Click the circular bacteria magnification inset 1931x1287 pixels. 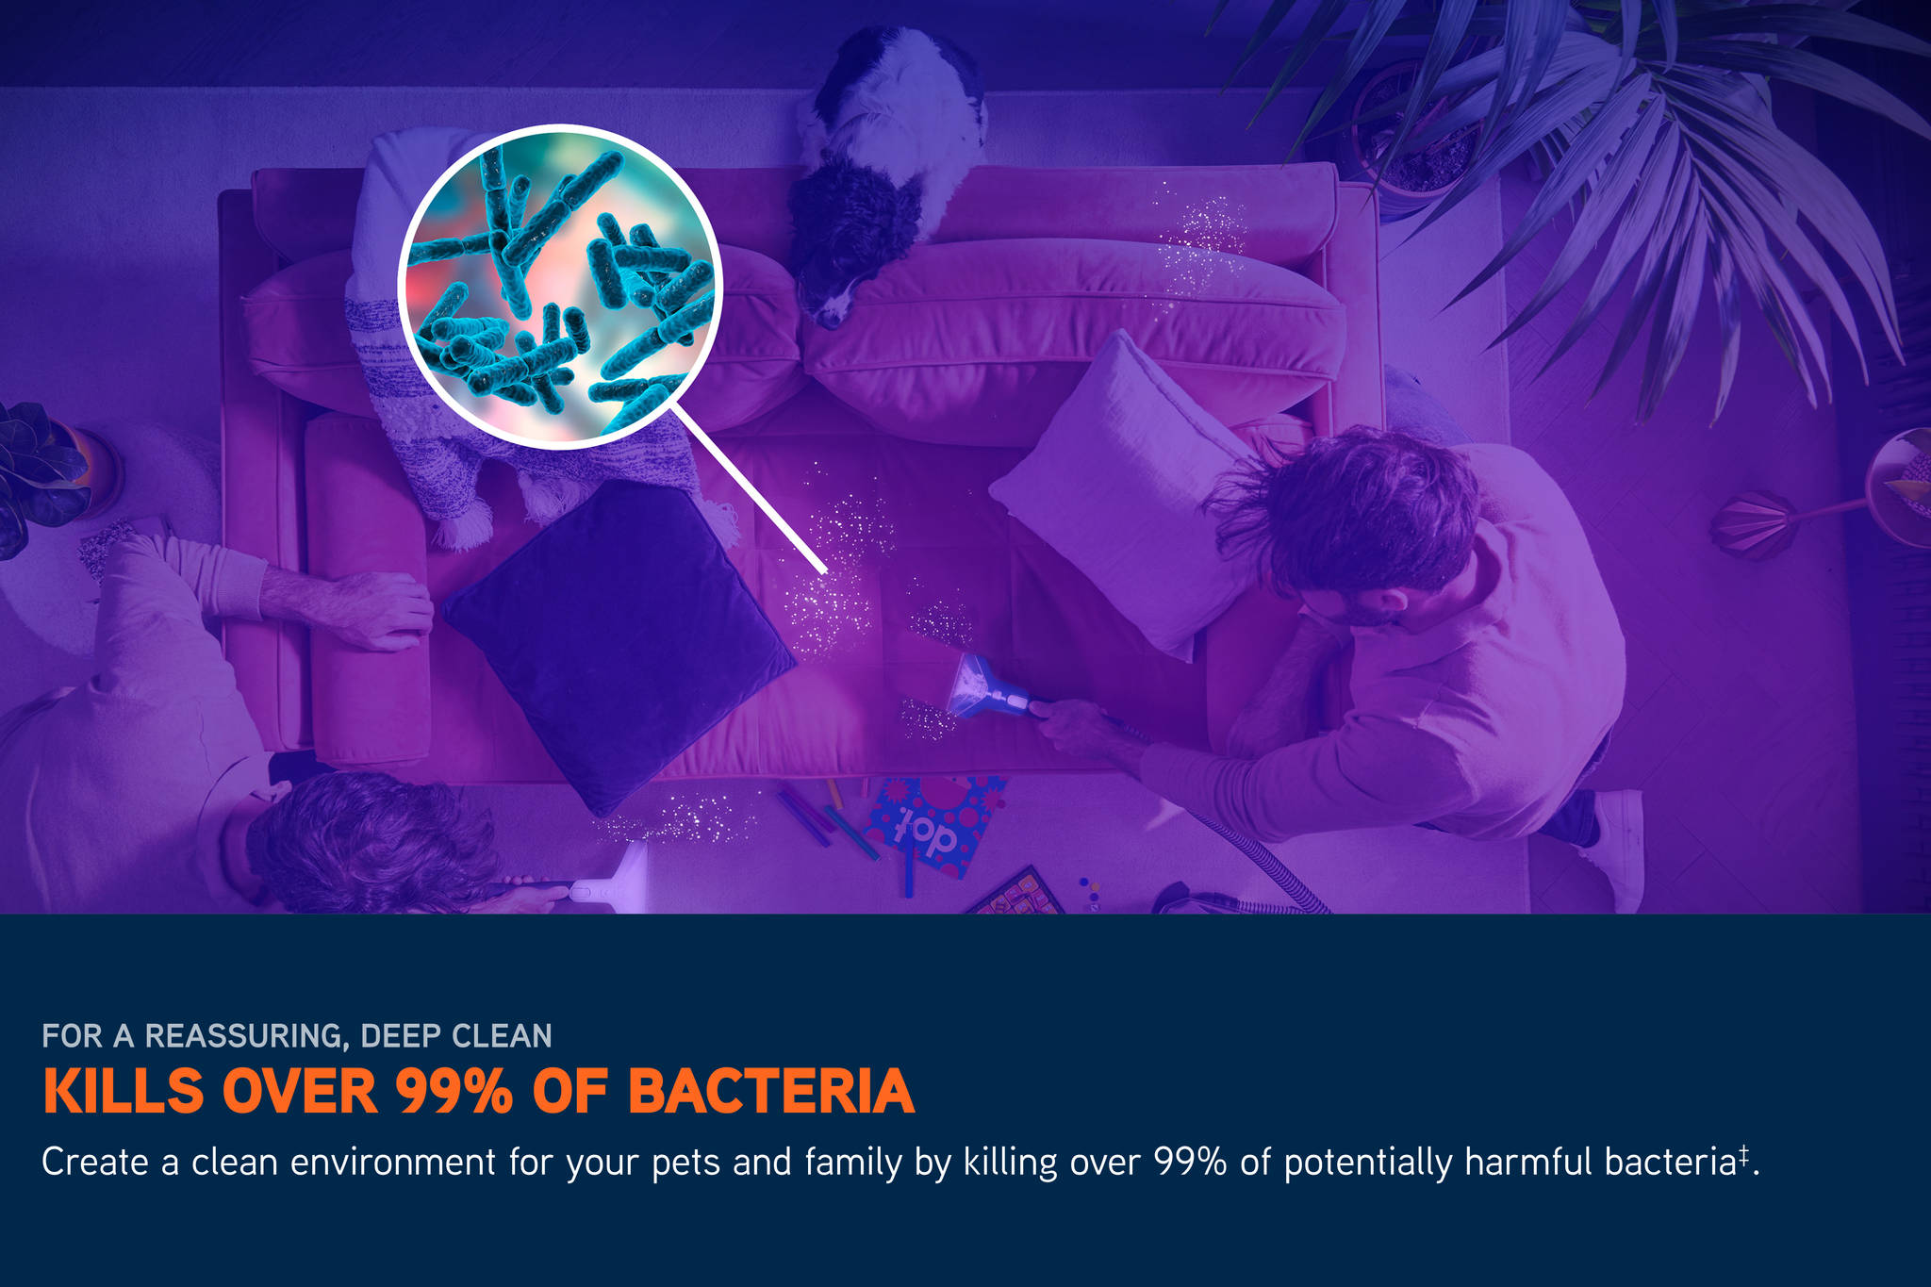560,287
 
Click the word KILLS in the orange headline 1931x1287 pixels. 124,1092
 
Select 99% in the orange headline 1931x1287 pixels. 454,1092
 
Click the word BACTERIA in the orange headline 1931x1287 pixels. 771,1092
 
